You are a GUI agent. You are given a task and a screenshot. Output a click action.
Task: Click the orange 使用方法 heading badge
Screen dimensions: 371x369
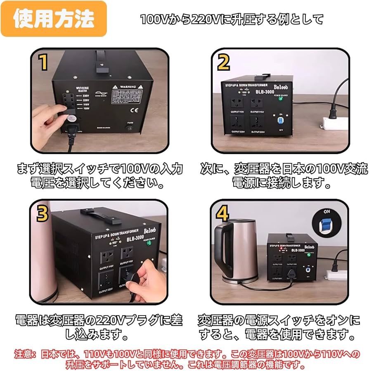(x=54, y=19)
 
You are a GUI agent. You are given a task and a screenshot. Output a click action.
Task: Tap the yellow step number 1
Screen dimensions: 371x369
(x=43, y=63)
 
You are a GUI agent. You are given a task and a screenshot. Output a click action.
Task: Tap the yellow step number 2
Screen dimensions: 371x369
(x=223, y=63)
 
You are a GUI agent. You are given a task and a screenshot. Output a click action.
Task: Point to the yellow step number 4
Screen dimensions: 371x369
(x=222, y=214)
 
